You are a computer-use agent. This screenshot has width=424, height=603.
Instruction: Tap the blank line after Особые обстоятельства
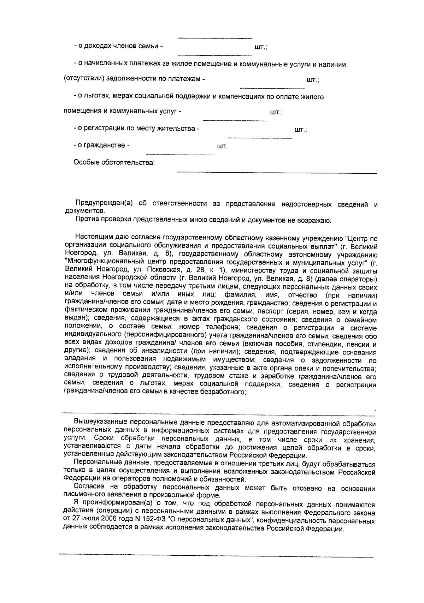pos(276,172)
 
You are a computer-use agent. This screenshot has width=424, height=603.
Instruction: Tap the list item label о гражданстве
pos(101,145)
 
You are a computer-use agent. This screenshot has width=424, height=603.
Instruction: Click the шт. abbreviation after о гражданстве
pos(222,146)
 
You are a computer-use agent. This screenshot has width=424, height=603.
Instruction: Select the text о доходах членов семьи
pos(118,46)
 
